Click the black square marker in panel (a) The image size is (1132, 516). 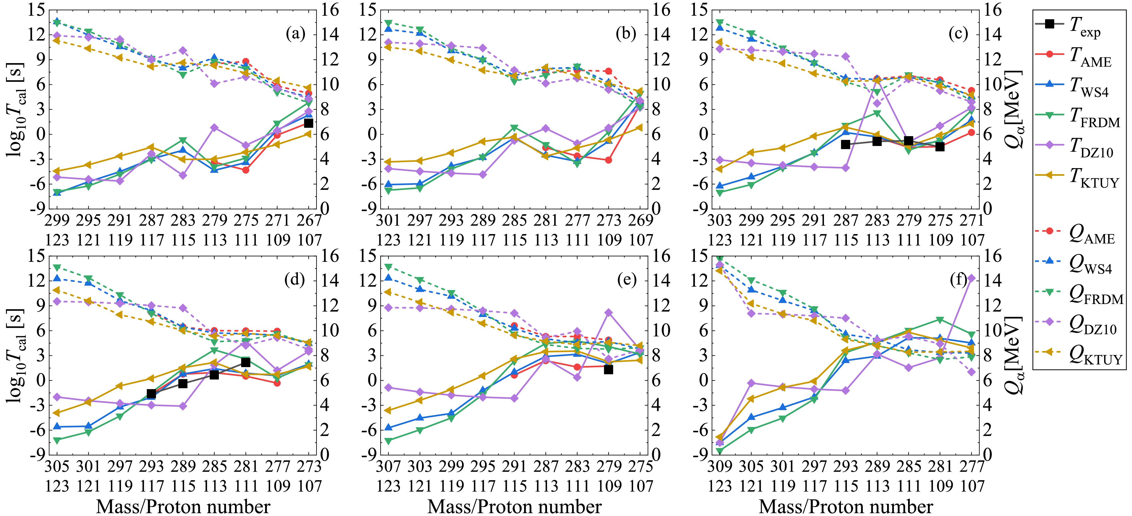309,123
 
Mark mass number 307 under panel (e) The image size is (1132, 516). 388,467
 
